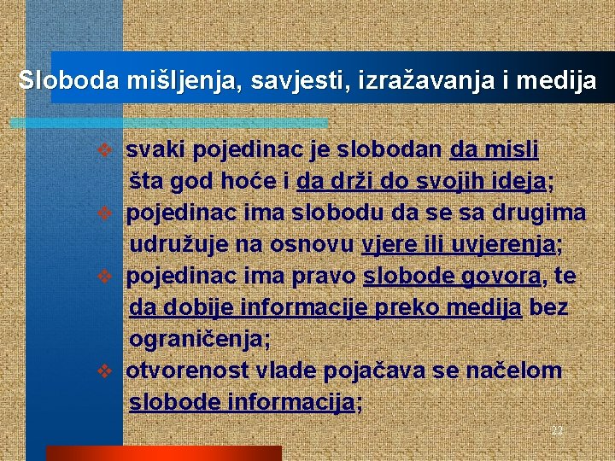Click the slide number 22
click(557, 430)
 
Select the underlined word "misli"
click(512, 150)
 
